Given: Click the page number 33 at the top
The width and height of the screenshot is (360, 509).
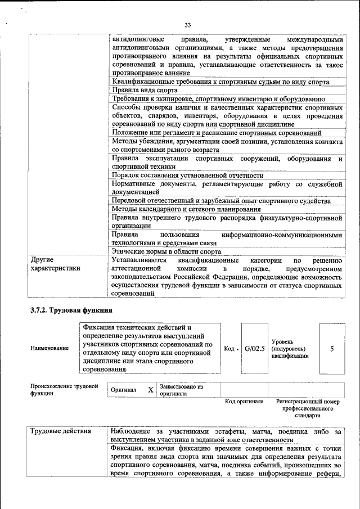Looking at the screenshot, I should click(x=188, y=24).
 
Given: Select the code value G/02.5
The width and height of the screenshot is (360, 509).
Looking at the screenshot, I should click(x=254, y=349).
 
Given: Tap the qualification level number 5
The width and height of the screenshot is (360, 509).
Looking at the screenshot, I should click(x=332, y=349).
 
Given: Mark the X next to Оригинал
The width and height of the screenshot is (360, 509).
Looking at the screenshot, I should click(x=150, y=390).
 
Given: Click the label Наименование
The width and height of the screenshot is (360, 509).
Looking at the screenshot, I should click(x=49, y=349).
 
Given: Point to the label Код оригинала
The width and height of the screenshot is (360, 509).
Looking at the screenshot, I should click(x=244, y=402).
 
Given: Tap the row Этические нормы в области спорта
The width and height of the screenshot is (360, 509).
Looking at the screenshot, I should click(x=166, y=252).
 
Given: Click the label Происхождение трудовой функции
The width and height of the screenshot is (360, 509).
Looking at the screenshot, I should click(x=64, y=390).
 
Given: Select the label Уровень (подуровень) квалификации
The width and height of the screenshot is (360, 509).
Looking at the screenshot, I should click(x=290, y=349).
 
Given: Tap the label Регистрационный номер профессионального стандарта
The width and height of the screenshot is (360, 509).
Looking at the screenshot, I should click(x=308, y=408).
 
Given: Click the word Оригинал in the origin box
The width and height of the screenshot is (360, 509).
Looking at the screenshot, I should click(x=123, y=390).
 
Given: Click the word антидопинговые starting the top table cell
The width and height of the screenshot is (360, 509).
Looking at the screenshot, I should click(x=138, y=40).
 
